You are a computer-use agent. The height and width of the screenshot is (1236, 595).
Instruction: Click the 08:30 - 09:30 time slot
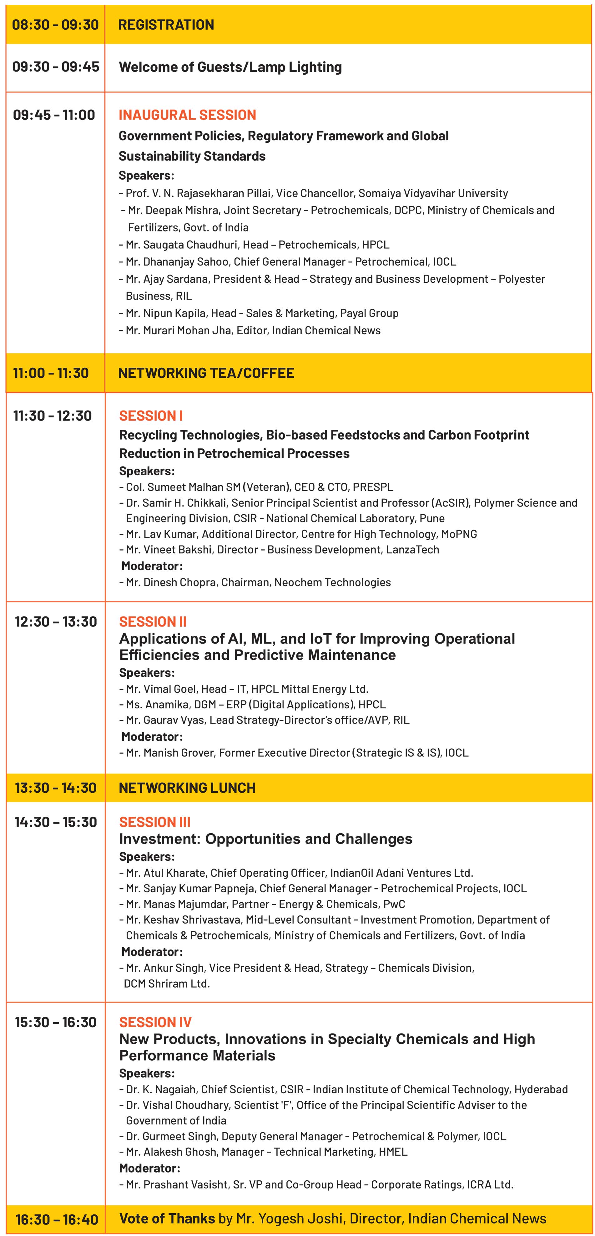[x=55, y=24]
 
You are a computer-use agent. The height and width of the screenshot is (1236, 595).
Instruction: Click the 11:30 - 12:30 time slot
[x=52, y=416]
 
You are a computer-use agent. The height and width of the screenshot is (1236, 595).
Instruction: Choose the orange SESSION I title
[x=151, y=416]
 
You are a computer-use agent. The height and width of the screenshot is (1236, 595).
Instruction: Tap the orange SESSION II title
[x=153, y=622]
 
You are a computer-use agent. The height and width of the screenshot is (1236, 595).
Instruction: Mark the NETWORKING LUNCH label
[x=187, y=788]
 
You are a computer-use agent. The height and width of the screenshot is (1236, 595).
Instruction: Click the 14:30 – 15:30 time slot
[x=56, y=822]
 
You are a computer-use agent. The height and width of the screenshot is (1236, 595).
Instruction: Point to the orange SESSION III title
[x=155, y=822]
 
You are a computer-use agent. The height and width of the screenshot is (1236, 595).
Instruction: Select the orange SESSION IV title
[x=155, y=1022]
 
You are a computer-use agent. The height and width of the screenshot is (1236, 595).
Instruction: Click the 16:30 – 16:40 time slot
[x=57, y=1219]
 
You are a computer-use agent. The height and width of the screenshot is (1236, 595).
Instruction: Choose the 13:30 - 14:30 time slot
[x=56, y=788]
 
